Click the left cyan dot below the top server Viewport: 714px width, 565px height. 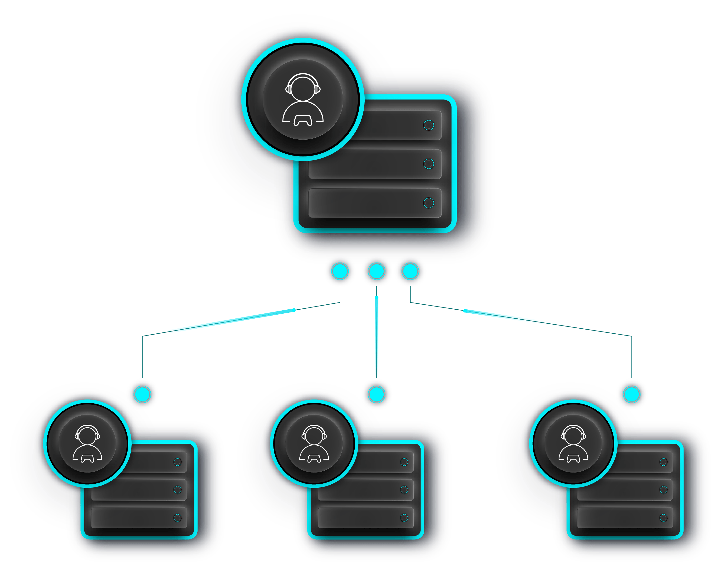pyautogui.click(x=340, y=271)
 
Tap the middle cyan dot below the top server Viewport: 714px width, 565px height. pyautogui.click(x=377, y=271)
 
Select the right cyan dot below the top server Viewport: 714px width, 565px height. pyautogui.click(x=410, y=271)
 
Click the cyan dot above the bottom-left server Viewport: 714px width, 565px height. pyautogui.click(x=142, y=394)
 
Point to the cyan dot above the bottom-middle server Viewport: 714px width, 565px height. pyautogui.click(x=377, y=394)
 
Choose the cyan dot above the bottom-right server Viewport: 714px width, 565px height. pyautogui.click(x=632, y=394)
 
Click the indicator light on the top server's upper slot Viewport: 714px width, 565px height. pyautogui.click(x=429, y=125)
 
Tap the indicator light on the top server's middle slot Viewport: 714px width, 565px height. pyautogui.click(x=429, y=164)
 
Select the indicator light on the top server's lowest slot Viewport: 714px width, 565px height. pyautogui.click(x=429, y=203)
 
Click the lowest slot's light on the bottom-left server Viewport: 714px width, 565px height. pyautogui.click(x=177, y=518)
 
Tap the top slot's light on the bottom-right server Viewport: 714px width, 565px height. pyautogui.click(x=663, y=462)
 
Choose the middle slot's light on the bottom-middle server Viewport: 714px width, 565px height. pyautogui.click(x=404, y=490)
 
